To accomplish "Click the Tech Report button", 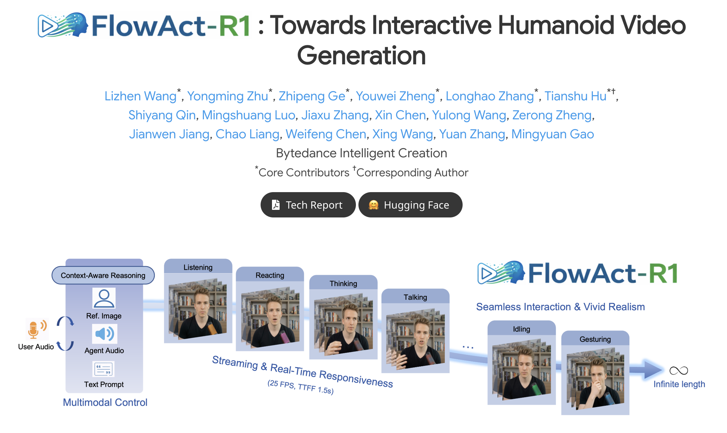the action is tap(308, 205).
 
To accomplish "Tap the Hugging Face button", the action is tap(410, 205).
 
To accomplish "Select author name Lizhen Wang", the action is tap(140, 96).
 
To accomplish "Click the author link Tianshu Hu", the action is tap(575, 96).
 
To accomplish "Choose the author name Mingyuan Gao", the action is tap(553, 134).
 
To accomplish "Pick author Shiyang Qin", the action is tap(162, 115).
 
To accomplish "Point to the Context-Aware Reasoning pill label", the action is tap(103, 275).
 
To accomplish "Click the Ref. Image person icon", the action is tap(104, 298).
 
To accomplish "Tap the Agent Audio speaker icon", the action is tap(104, 334).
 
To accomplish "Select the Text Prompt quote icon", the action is tap(104, 369).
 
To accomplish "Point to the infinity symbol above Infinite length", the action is tap(679, 370).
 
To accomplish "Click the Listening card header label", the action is tap(198, 267).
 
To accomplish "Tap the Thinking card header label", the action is tap(343, 284).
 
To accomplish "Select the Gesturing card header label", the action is tap(595, 339).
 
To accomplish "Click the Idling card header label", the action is tap(522, 329).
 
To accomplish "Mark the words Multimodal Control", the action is tap(105, 402).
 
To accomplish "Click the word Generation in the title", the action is tap(362, 55).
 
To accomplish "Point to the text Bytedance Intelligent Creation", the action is tap(362, 153).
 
